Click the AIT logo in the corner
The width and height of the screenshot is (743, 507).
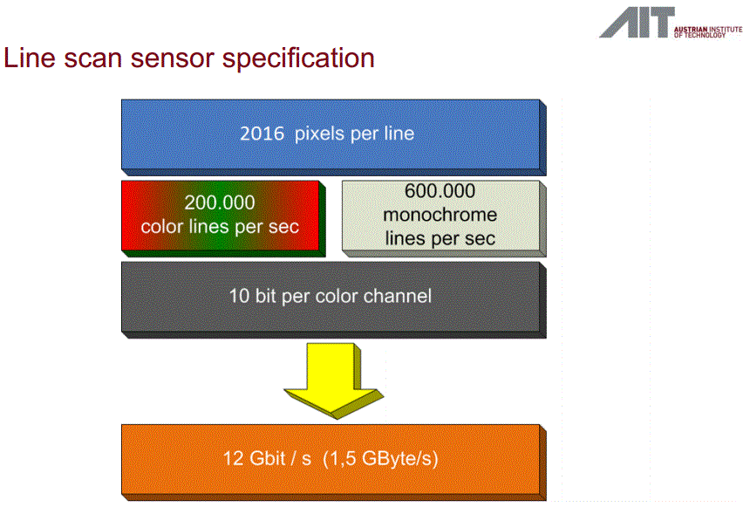click(636, 23)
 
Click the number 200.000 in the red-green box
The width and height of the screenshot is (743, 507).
click(220, 203)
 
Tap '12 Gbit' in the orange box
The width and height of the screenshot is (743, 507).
click(256, 458)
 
